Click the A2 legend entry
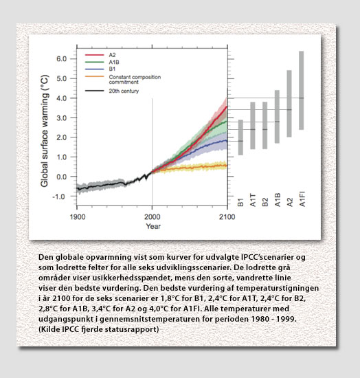(100, 55)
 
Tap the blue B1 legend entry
(100, 69)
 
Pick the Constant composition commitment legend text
(135, 80)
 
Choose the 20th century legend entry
(112, 91)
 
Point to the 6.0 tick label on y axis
(61, 59)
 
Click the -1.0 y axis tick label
(59, 197)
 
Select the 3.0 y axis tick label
(61, 118)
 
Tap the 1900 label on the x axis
(78, 217)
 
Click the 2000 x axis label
(153, 217)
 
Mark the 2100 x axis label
(227, 217)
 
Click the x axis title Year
(153, 226)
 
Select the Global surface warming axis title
(45, 131)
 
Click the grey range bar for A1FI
(301, 91)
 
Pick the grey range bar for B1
(240, 137)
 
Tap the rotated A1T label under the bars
(253, 200)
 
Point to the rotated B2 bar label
(265, 202)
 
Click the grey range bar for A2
(289, 104)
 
